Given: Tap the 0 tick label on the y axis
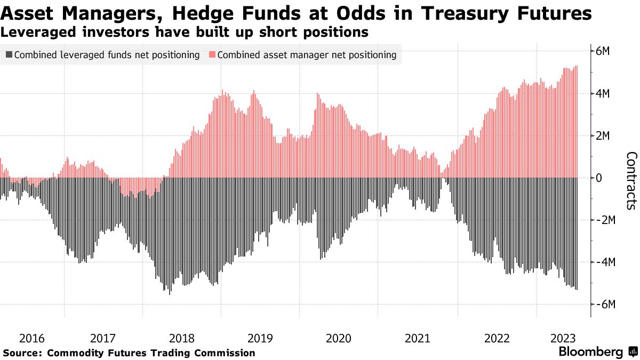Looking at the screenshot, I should click(x=599, y=178).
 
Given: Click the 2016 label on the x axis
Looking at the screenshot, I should click(x=32, y=338).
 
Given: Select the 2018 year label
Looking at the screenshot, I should click(x=182, y=338).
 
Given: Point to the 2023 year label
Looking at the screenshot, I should click(x=563, y=338).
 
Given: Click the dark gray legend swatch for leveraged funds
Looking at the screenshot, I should click(x=9, y=55).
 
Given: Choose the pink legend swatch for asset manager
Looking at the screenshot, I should click(x=212, y=55).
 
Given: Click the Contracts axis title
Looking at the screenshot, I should click(x=631, y=180).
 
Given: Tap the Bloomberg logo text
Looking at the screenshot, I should click(x=590, y=352).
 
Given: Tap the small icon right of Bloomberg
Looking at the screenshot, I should click(x=633, y=352).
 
